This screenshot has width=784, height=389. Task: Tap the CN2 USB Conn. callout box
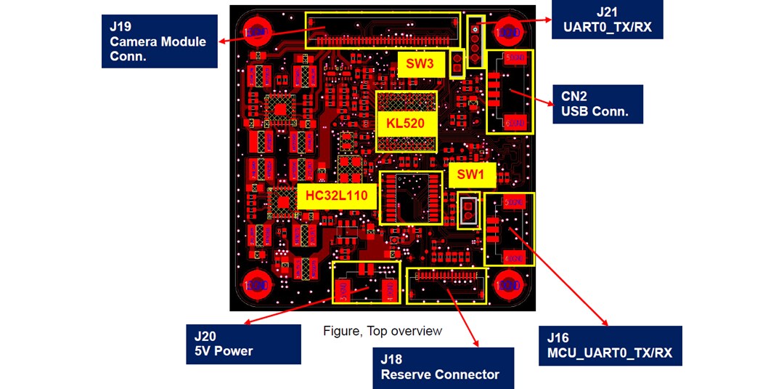(597, 104)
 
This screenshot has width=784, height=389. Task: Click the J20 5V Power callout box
(243, 344)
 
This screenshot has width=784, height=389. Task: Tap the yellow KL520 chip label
(406, 122)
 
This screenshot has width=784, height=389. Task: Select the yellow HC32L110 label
(336, 196)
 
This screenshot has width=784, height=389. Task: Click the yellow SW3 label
(420, 65)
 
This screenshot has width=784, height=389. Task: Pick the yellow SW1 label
(471, 175)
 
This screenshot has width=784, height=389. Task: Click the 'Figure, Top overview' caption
(383, 332)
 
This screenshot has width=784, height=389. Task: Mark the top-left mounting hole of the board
(257, 33)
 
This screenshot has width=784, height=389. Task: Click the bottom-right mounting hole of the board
(509, 284)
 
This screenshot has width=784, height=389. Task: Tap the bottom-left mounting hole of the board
(257, 284)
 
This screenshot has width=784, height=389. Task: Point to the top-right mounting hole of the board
(510, 33)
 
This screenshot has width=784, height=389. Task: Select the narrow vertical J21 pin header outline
(475, 42)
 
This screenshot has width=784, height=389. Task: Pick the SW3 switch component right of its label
(457, 64)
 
